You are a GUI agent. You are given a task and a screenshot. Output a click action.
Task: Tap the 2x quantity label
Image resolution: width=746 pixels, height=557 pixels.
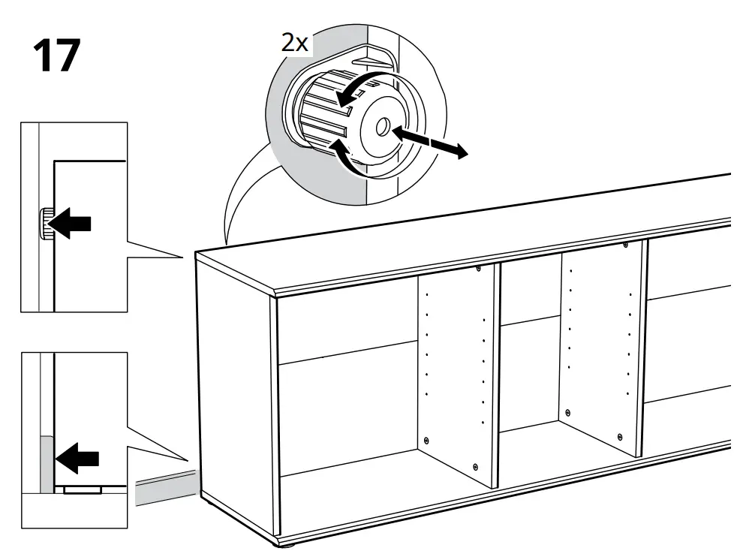pyautogui.click(x=295, y=42)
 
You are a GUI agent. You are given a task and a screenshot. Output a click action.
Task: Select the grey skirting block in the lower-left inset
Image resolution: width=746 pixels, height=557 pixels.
pyautogui.click(x=44, y=461)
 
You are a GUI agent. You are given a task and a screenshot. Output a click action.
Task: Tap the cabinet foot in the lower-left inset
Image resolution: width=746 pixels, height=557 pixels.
pyautogui.click(x=83, y=489)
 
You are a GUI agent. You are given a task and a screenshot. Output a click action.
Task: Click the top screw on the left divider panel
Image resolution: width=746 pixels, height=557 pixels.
pyautogui.click(x=477, y=269)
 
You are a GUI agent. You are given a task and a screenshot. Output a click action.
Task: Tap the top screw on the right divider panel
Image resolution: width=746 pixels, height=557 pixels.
pyautogui.click(x=624, y=244)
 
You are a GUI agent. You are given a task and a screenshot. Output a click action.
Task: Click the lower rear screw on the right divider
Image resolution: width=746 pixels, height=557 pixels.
pyautogui.click(x=568, y=412)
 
